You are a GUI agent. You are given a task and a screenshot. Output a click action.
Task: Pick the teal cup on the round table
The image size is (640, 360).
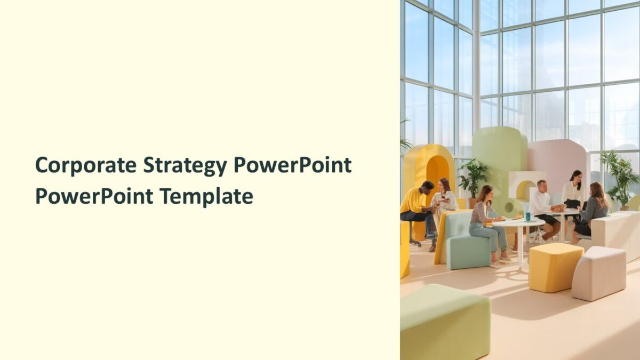(527, 216)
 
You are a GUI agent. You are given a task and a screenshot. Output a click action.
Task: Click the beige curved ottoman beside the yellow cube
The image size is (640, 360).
(598, 273)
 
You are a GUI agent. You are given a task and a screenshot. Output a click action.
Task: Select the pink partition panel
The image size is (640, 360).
(555, 160)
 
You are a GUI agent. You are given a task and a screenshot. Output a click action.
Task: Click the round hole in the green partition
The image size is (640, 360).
(509, 207)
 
